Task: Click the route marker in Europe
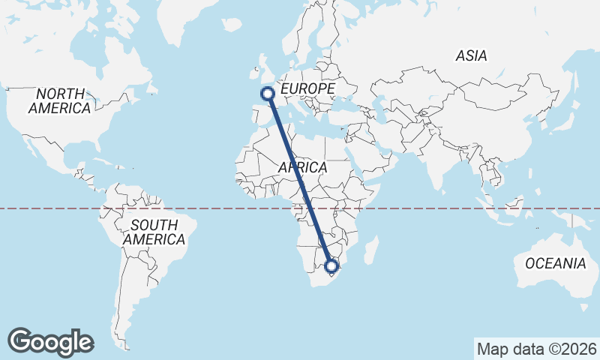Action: tap(266, 94)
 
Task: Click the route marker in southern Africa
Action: tap(331, 265)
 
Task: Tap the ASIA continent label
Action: tap(471, 55)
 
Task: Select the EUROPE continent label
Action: tap(307, 89)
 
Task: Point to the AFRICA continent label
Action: tap(302, 167)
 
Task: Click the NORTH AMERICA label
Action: tap(59, 101)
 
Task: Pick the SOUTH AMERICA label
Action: tap(154, 232)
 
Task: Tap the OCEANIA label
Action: tap(555, 263)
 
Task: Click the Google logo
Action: tap(51, 341)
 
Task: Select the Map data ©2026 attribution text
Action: tap(537, 349)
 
